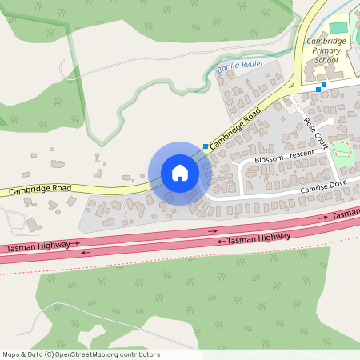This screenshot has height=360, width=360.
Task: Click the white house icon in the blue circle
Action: (180, 173)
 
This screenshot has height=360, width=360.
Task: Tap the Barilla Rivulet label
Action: (240, 70)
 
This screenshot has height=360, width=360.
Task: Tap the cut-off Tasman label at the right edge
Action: (346, 214)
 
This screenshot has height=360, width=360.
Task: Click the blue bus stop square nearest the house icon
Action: (206, 146)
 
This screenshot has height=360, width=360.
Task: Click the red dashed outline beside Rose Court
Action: (342, 152)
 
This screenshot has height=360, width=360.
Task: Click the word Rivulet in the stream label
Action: (252, 69)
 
